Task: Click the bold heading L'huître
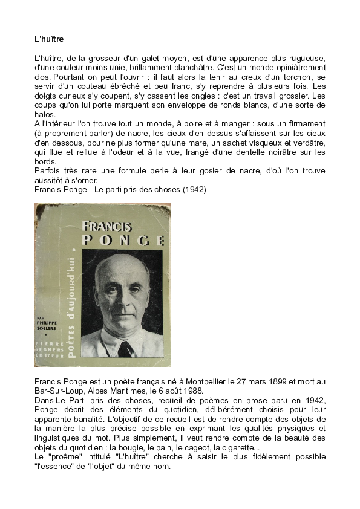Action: point(49,39)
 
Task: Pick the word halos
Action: point(45,115)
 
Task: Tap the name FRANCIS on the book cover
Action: point(106,227)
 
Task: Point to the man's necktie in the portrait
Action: point(125,348)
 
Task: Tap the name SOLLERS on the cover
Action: point(48,328)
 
